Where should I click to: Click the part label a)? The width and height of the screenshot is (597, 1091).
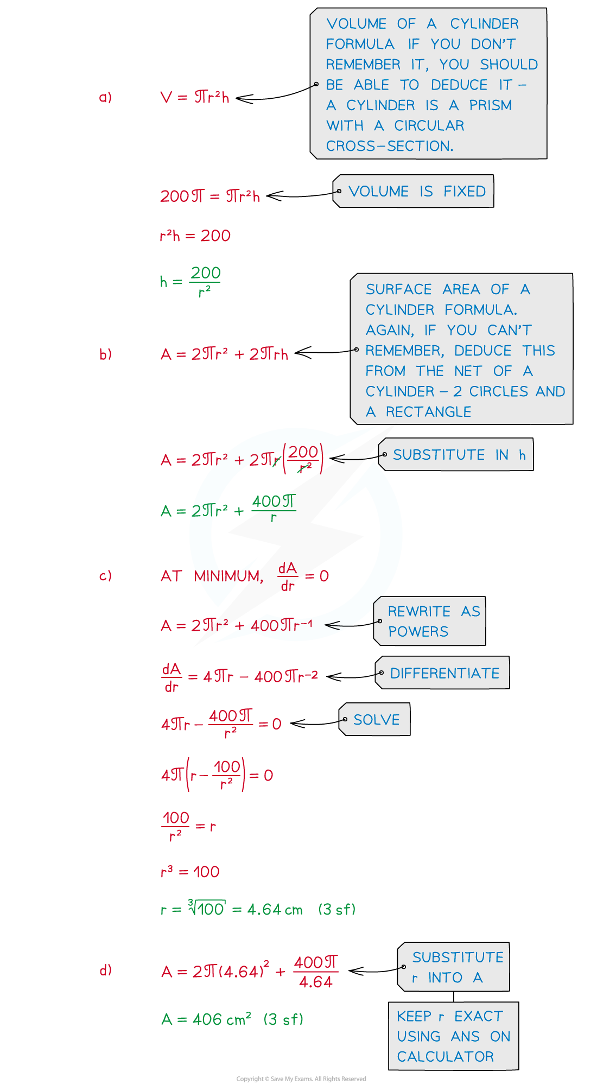point(105,97)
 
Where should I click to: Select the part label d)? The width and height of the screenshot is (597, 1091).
point(105,970)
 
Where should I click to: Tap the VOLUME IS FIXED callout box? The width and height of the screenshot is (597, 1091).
point(414,191)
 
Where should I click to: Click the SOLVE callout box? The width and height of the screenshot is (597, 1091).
point(374,719)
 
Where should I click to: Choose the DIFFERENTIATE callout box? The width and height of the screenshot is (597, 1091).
point(442,673)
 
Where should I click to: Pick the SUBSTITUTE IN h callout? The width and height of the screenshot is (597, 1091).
point(456,454)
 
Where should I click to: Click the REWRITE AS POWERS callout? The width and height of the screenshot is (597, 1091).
point(430,621)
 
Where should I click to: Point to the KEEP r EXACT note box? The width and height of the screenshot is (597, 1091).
point(454,1036)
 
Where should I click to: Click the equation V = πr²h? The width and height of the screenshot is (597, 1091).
point(195,97)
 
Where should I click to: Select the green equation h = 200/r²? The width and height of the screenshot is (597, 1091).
point(190,282)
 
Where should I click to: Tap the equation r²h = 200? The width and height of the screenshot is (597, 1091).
point(195,236)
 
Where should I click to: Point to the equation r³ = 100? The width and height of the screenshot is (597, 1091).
point(190,872)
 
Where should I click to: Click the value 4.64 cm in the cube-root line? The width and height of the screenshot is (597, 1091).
point(275,909)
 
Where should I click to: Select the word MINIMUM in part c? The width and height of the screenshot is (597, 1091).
point(228,576)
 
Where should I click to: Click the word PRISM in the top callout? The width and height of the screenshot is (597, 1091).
point(491,105)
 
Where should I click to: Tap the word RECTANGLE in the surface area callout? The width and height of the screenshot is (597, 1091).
point(429,412)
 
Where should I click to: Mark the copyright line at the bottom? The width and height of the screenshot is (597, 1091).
point(301,1079)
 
